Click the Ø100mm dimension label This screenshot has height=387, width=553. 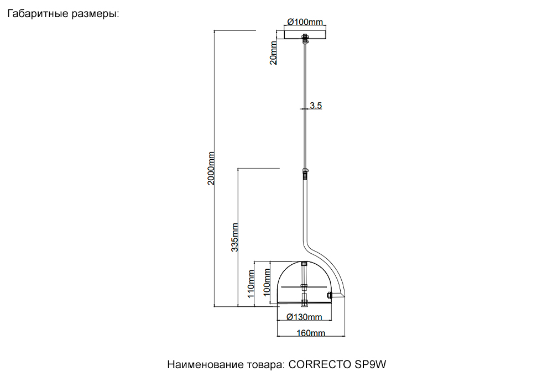click(305, 22)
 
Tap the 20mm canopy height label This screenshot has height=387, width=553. click(273, 53)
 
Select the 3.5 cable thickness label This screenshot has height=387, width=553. click(316, 106)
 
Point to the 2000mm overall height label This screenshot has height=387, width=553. click(211, 168)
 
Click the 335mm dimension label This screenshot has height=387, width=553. click(234, 237)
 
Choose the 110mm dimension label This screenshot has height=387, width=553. click(251, 284)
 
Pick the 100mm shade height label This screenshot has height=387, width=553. click(267, 283)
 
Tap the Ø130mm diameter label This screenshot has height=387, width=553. click(304, 317)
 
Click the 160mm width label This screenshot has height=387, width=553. click(311, 333)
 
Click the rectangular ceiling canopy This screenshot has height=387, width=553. click(305, 34)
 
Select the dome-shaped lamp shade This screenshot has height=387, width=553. click(304, 282)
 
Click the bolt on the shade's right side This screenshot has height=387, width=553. click(329, 295)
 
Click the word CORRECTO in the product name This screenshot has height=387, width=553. click(320, 364)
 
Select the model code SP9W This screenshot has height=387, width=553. click(371, 364)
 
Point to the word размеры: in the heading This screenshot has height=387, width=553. click(96, 14)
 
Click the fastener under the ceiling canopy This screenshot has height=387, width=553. click(305, 38)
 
